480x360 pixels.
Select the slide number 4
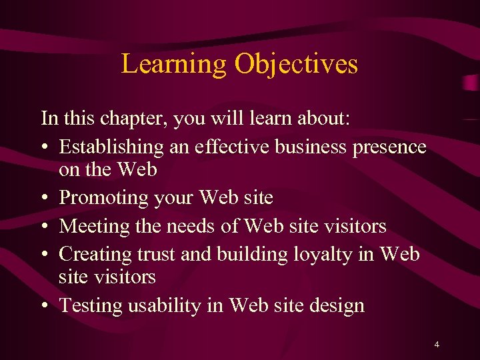tap(436, 345)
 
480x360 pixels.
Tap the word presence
tap(393, 147)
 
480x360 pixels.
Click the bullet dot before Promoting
tap(45, 199)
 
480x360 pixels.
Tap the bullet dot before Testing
tap(45, 306)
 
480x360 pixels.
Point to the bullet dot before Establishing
tap(45, 147)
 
